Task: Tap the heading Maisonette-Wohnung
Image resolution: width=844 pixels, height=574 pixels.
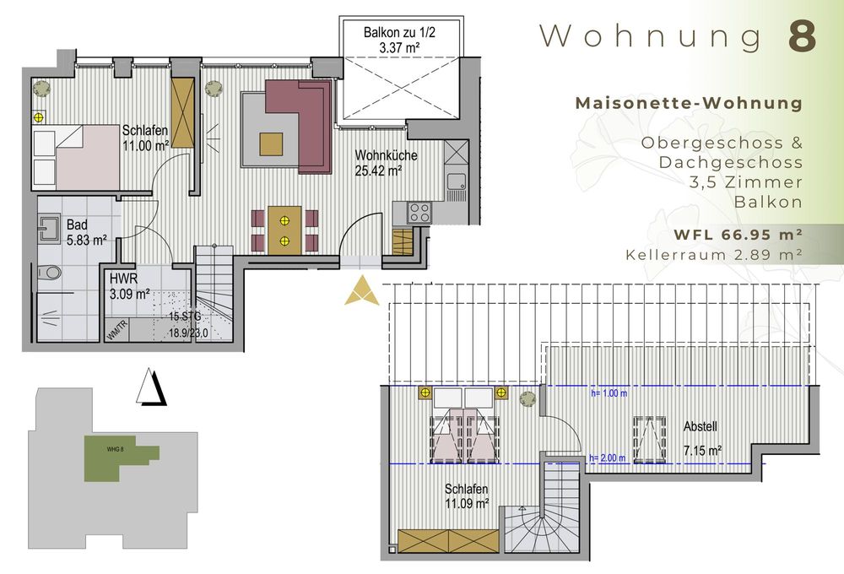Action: pyautogui.click(x=688, y=103)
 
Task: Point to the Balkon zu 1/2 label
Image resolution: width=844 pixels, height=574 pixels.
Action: pyautogui.click(x=400, y=40)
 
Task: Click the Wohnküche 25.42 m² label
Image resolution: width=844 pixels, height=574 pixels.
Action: pyautogui.click(x=386, y=162)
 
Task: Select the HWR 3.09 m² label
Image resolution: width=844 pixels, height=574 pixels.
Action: pyautogui.click(x=129, y=287)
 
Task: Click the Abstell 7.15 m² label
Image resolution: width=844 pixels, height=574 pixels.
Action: pyautogui.click(x=701, y=439)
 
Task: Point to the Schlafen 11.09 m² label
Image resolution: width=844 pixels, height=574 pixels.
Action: pyautogui.click(x=467, y=496)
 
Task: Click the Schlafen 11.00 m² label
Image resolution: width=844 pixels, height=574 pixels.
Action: pyautogui.click(x=146, y=138)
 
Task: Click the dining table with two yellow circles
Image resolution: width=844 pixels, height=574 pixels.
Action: pyautogui.click(x=284, y=230)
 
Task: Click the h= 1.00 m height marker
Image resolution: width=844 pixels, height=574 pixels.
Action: pyautogui.click(x=610, y=393)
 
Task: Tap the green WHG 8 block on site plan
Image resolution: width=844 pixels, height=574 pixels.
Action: pyautogui.click(x=117, y=457)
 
